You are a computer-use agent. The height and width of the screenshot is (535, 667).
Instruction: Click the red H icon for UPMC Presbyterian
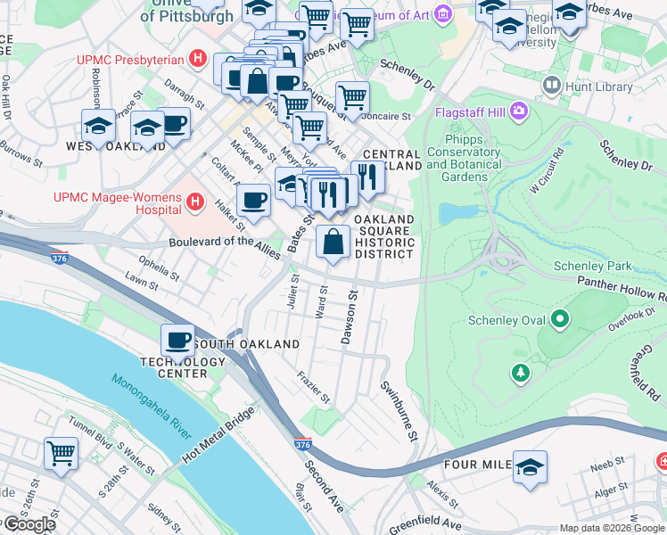[198, 61]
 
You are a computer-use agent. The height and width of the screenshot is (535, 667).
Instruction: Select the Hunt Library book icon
[551, 86]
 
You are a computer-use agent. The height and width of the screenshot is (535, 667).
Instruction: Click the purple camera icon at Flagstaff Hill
[518, 113]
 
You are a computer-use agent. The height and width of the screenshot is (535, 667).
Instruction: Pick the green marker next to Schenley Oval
[560, 318]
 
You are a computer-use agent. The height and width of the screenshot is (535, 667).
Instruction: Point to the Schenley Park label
[592, 266]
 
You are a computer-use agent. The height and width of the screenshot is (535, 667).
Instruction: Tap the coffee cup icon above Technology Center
[178, 340]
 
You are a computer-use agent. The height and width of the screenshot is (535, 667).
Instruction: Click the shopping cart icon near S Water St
[62, 453]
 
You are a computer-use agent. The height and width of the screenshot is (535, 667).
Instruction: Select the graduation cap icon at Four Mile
[530, 465]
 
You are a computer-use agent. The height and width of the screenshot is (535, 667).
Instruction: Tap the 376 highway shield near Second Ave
[301, 443]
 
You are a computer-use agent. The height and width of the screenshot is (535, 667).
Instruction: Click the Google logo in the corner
[29, 524]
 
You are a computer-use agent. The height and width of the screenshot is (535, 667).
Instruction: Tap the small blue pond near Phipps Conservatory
[457, 213]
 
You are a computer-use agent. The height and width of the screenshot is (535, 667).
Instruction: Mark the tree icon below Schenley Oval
[521, 371]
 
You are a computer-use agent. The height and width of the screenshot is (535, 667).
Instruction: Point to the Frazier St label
[314, 387]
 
